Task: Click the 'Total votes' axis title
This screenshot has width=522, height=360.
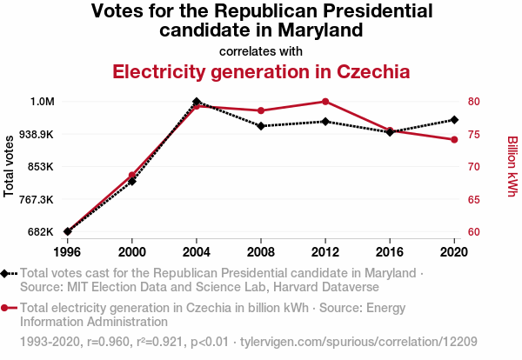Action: (x=10, y=165)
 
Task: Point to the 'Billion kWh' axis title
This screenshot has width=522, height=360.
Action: (x=512, y=165)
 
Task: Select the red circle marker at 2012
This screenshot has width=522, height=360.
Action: (x=325, y=102)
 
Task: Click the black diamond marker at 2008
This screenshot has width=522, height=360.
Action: (x=261, y=126)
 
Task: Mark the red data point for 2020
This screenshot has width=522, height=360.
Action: (x=454, y=140)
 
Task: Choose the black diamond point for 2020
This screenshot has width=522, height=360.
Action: (x=454, y=119)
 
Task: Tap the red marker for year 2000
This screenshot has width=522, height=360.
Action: (x=132, y=176)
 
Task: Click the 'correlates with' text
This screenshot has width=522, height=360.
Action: (x=261, y=50)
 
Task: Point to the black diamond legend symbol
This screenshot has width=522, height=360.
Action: (x=5, y=273)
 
